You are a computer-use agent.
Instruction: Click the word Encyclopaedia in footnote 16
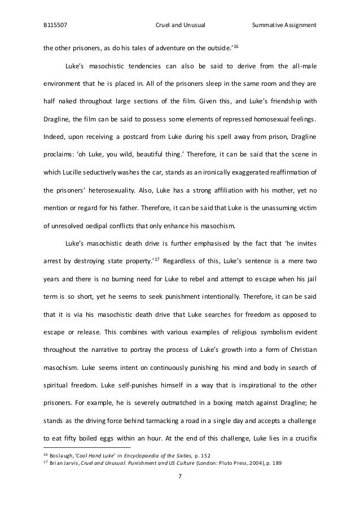[x=144, y=455]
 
